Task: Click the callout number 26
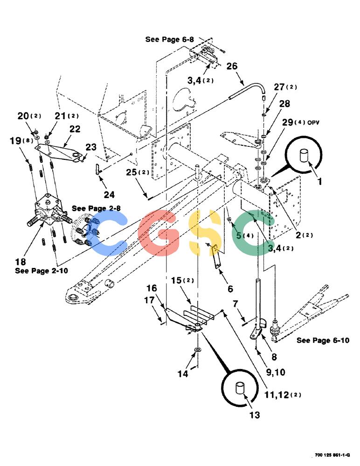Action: pos(232,66)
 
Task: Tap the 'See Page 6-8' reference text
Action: pos(169,39)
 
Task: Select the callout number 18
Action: pos(21,262)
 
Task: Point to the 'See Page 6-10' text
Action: pos(323,340)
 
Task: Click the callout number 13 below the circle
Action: pos(255,415)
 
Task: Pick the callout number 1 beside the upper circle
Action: pos(320,181)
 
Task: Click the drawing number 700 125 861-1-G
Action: pos(332,455)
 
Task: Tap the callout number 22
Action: pos(75,129)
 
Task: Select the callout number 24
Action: pos(109,195)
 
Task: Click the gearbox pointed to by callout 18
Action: pos(49,211)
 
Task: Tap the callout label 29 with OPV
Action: pos(300,122)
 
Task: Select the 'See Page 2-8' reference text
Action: pos(97,208)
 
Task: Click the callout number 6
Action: pos(230,289)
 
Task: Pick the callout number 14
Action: pos(183,374)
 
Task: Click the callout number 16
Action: pos(152,288)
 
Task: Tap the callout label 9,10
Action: pos(276,372)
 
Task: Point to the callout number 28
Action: pos(284,103)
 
